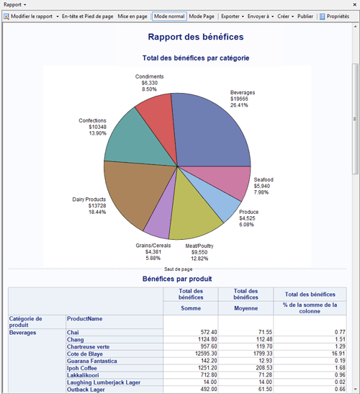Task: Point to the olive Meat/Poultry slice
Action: click(191, 212)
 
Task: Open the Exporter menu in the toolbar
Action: click(230, 16)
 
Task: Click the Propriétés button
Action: click(334, 16)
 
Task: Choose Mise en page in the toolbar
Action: click(133, 16)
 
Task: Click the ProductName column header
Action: click(85, 318)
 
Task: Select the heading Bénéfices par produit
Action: click(176, 278)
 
